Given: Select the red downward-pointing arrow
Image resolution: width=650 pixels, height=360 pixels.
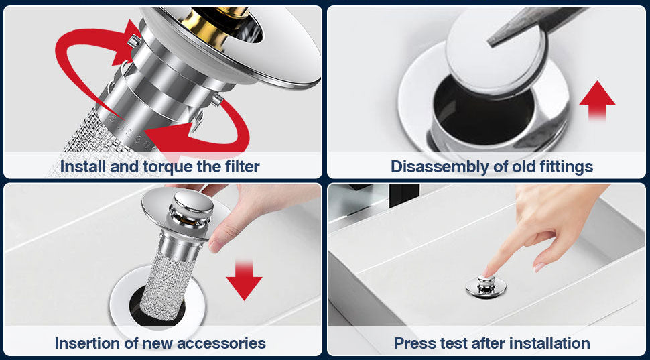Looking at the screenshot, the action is (244, 280).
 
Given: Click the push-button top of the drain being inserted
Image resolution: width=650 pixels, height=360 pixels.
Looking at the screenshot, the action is (192, 203).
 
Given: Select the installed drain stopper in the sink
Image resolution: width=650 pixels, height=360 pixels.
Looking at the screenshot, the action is (486, 286).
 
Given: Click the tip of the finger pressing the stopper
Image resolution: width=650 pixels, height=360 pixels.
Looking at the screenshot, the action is (486, 275).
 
